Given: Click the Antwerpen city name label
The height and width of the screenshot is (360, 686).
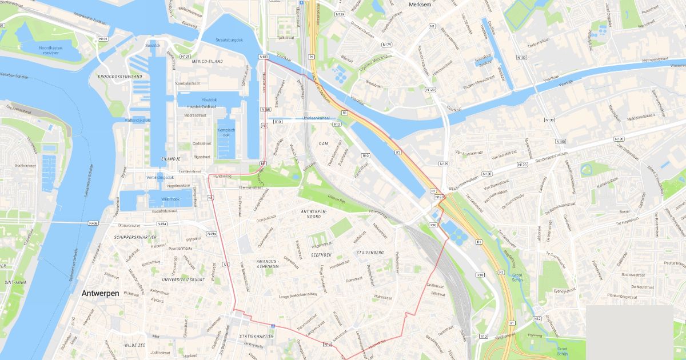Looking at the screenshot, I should click(x=100, y=293).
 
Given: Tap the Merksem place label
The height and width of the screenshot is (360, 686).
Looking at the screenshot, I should click(x=424, y=5).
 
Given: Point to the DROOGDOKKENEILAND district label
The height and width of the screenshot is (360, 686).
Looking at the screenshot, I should click(x=120, y=76).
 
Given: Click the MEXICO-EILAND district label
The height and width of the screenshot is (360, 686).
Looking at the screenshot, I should click(x=200, y=61).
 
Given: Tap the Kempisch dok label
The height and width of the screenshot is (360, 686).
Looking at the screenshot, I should click(x=226, y=132).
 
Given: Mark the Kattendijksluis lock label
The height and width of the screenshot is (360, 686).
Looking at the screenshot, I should click(x=138, y=120).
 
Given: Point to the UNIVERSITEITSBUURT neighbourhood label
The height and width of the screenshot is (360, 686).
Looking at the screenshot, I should click(x=184, y=279).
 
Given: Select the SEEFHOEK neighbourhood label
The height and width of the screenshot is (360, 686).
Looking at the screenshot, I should click(x=321, y=254).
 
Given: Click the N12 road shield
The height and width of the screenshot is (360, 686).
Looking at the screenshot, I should click(x=537, y=318).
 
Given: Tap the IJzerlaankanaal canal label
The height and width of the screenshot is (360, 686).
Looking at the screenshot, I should click(x=309, y=118).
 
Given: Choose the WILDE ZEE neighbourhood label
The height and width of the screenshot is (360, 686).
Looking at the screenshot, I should click(x=135, y=345).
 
